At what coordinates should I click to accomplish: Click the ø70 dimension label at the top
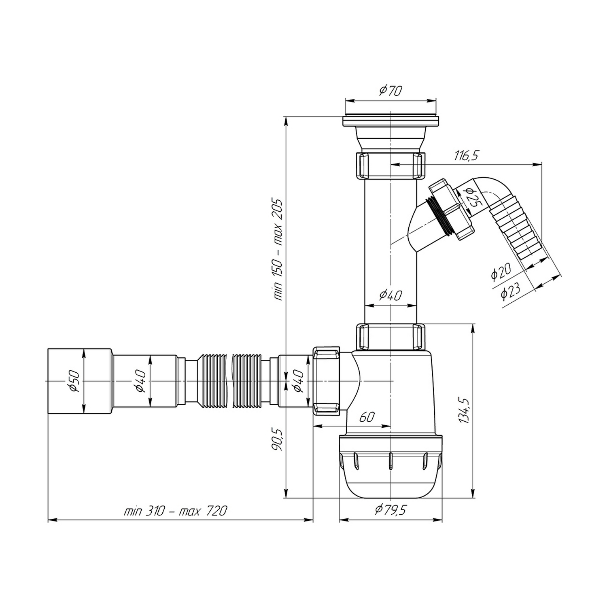[x=391, y=90]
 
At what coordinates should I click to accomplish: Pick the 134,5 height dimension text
[x=464, y=410]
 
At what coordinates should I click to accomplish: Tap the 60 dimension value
[x=367, y=417]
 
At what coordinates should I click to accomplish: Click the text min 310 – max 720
[x=175, y=511]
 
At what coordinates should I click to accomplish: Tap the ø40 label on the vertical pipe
[x=391, y=295]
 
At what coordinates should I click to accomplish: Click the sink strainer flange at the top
[x=391, y=121]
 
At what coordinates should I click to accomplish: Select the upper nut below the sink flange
[x=391, y=165]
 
